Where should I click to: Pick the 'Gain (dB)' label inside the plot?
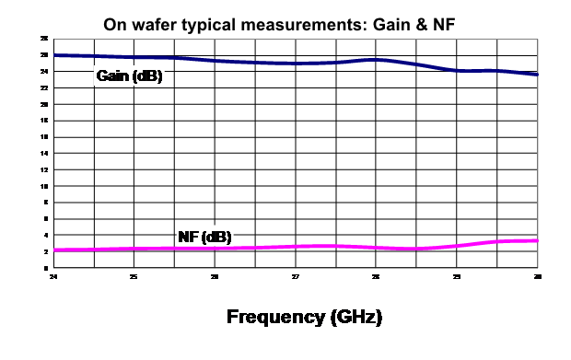[x=129, y=76]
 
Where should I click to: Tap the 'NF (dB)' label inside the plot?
[x=203, y=238]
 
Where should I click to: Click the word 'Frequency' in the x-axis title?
[x=274, y=319]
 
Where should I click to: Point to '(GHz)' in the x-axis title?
[x=354, y=319]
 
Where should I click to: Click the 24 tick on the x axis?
[x=53, y=276]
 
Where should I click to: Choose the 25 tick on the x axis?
[x=134, y=276]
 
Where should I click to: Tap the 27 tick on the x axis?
[x=295, y=276]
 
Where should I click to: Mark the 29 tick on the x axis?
[x=457, y=276]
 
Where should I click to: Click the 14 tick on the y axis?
[x=45, y=153]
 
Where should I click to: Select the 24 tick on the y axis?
[x=45, y=71]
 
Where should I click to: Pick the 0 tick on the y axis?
[x=46, y=267]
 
